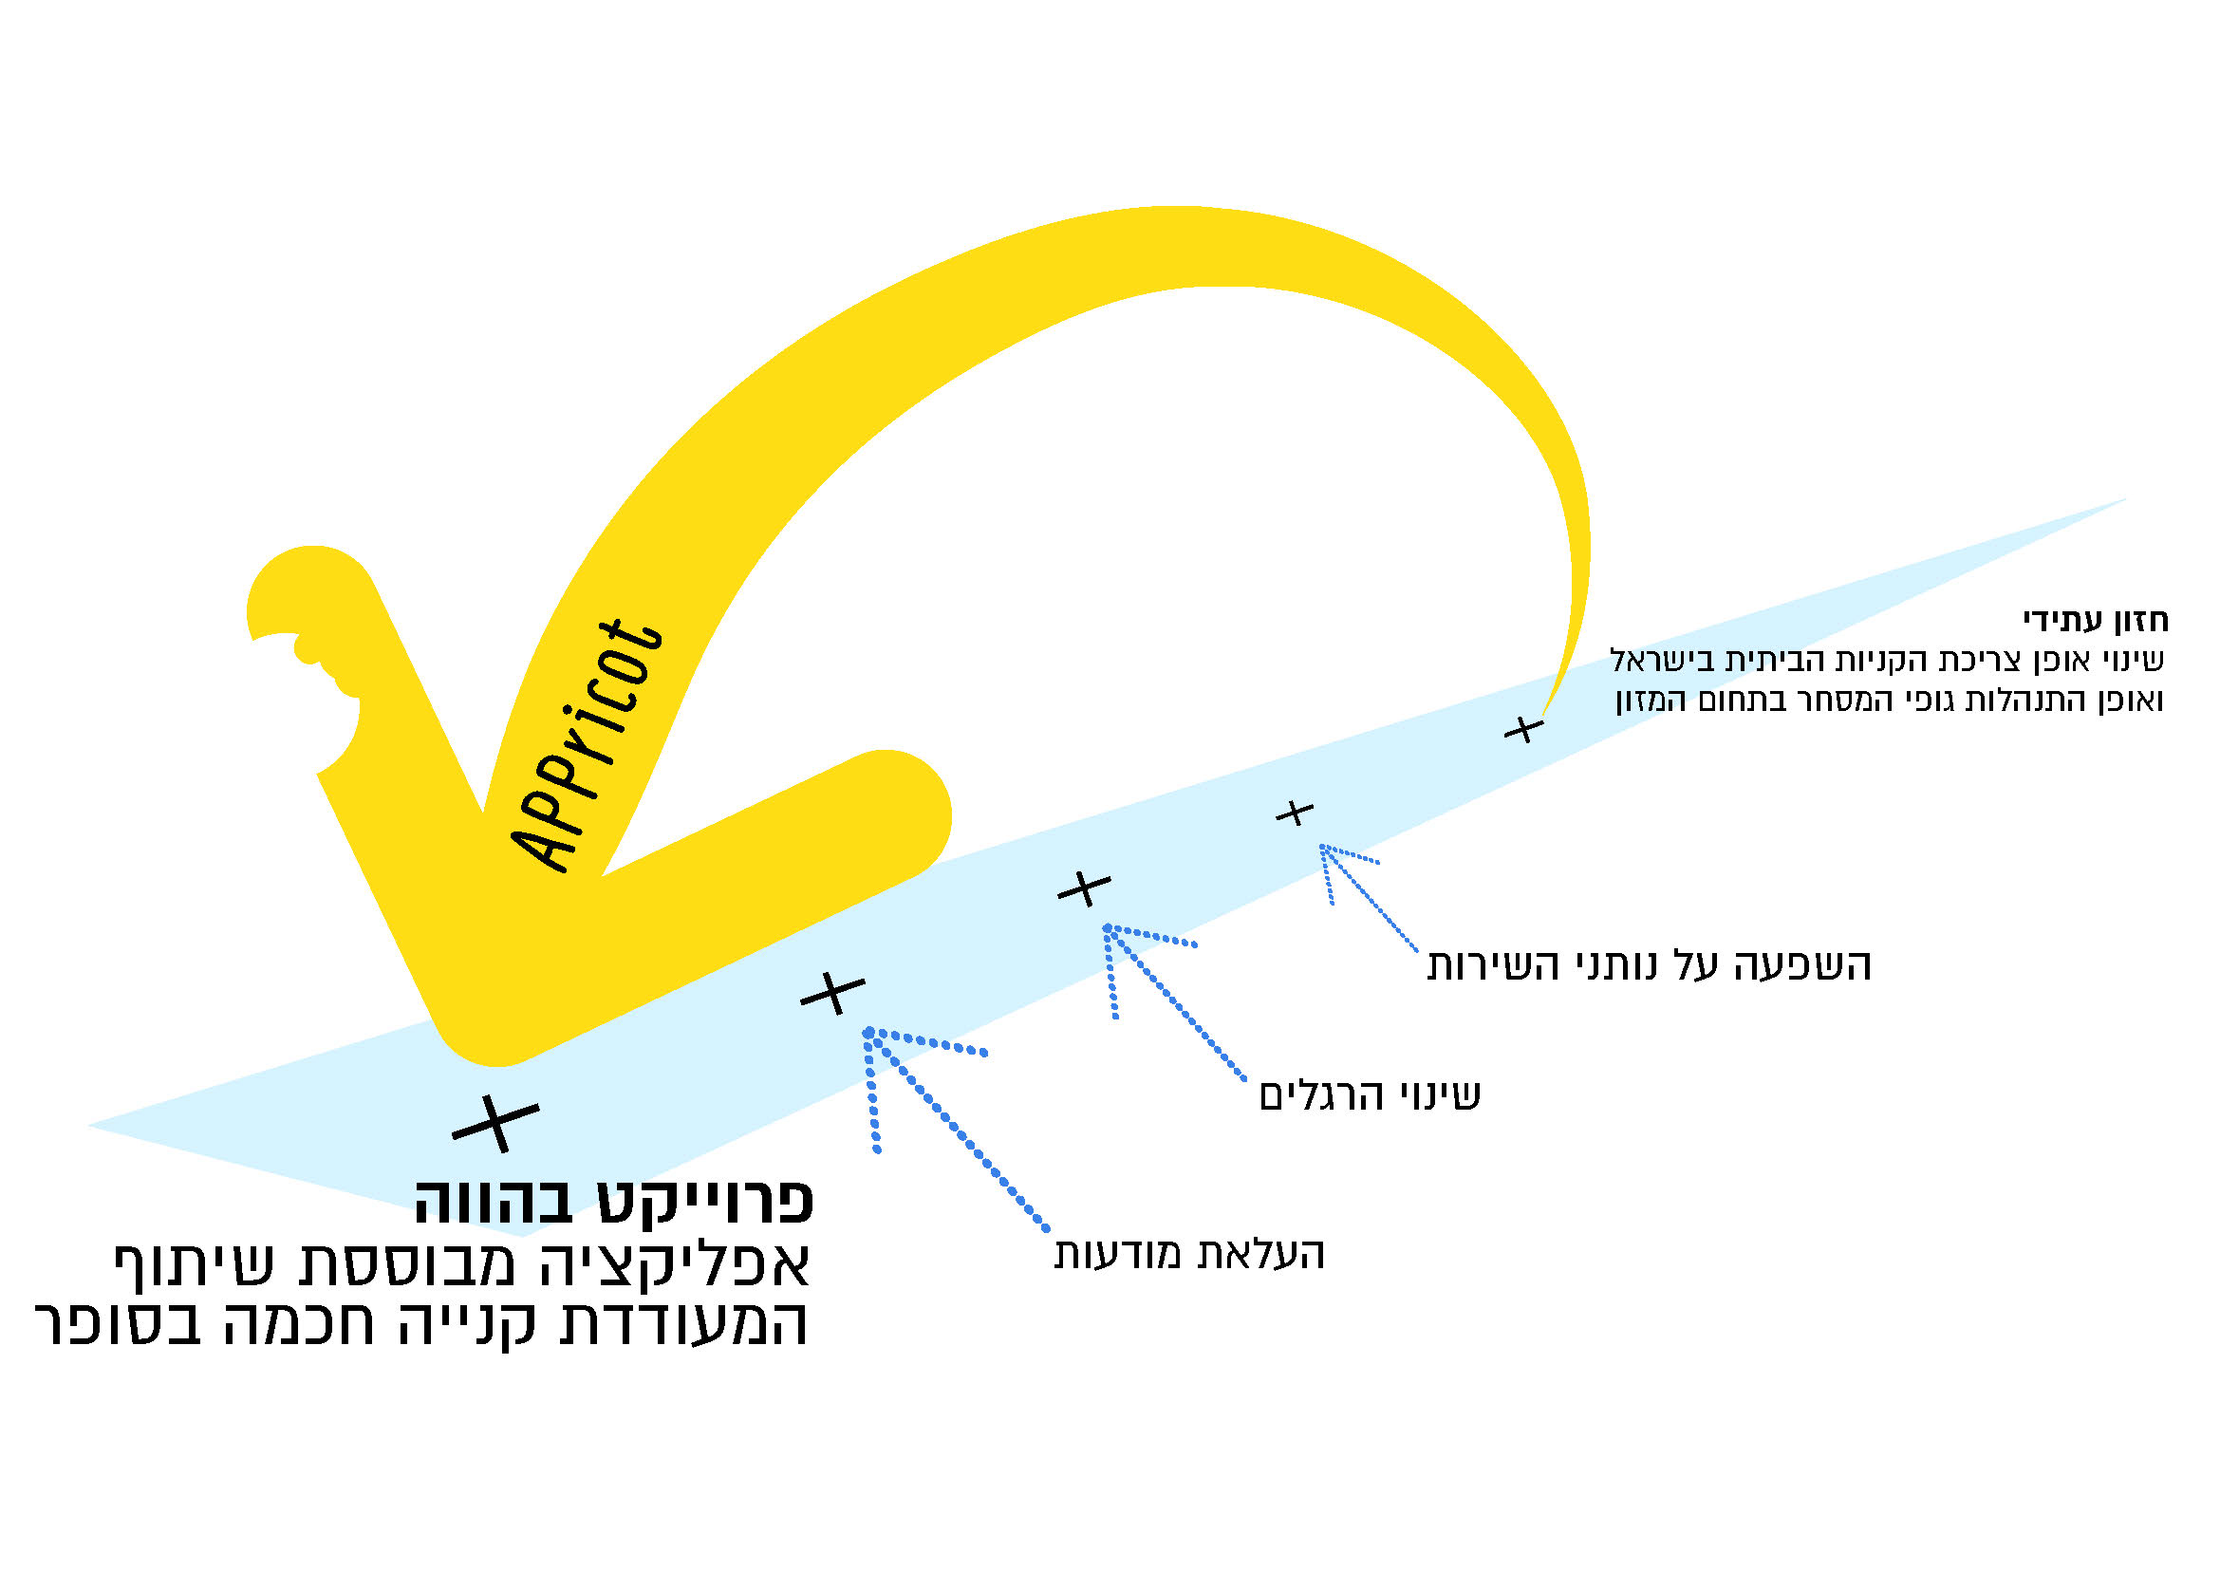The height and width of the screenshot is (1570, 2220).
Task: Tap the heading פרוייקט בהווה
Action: point(615,1202)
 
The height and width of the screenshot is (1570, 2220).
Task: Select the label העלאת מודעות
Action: point(1188,1254)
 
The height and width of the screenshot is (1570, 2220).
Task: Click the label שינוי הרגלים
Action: point(1370,1095)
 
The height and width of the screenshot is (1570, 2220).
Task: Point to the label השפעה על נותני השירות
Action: point(1650,964)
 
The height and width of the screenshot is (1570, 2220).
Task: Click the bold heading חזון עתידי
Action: point(2096,620)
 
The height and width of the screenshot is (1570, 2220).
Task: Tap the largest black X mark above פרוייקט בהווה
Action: point(495,1122)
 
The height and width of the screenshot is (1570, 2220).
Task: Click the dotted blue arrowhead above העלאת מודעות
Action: point(870,1034)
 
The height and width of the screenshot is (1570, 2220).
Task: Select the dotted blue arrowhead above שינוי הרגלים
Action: point(1109,929)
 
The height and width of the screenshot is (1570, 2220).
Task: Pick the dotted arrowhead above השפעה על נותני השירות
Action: point(1324,848)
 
